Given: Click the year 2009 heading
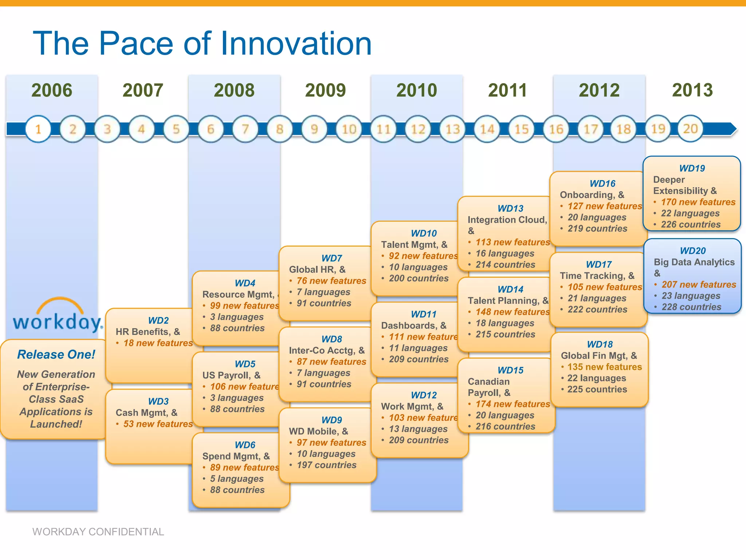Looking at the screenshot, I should click(x=325, y=90).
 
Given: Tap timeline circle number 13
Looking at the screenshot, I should click(x=452, y=129).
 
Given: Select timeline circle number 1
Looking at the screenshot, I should click(x=38, y=129).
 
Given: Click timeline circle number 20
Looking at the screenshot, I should click(x=690, y=129).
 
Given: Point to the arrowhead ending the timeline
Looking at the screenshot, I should click(x=733, y=129).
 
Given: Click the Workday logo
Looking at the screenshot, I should click(x=58, y=316).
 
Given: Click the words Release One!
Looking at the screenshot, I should click(x=56, y=354).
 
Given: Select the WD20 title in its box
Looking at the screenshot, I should click(x=692, y=251).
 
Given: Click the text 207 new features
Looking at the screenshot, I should click(x=699, y=284).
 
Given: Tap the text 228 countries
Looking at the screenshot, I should click(x=691, y=307).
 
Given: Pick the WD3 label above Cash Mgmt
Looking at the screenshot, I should click(x=158, y=401).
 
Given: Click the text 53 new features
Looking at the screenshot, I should click(x=158, y=424).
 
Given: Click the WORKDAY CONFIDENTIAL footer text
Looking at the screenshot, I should click(x=98, y=532).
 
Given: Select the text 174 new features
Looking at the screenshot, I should click(x=513, y=404).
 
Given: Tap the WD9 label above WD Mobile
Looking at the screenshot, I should click(x=331, y=420).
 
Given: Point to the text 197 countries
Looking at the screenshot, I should click(x=326, y=465).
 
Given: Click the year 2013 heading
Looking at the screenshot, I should click(x=692, y=90).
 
